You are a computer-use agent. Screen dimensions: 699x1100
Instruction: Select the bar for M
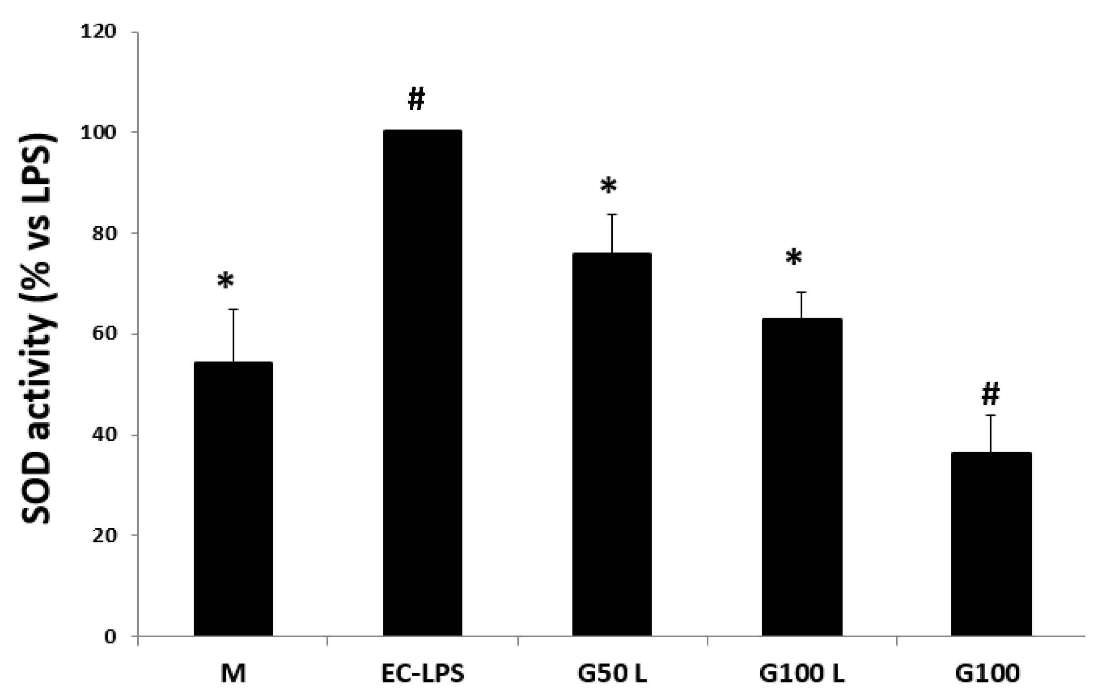tap(233, 499)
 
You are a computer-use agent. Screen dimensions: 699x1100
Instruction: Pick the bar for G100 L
tap(801, 477)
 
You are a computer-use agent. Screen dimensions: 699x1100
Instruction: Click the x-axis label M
tap(233, 674)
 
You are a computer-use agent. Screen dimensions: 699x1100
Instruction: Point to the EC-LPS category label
tap(423, 674)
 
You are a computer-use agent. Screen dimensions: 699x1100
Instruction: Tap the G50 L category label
tap(612, 674)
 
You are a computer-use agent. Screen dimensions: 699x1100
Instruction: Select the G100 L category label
tap(802, 674)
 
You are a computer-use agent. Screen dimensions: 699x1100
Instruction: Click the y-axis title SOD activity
tap(37, 331)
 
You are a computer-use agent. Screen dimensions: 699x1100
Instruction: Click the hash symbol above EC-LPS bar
tap(416, 99)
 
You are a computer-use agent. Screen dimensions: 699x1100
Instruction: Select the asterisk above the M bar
tap(226, 282)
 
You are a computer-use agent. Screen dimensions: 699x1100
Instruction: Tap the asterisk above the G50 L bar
tap(608, 186)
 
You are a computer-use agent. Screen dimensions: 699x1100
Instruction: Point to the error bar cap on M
tap(234, 309)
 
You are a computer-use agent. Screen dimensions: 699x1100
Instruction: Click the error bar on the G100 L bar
tap(802, 305)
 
